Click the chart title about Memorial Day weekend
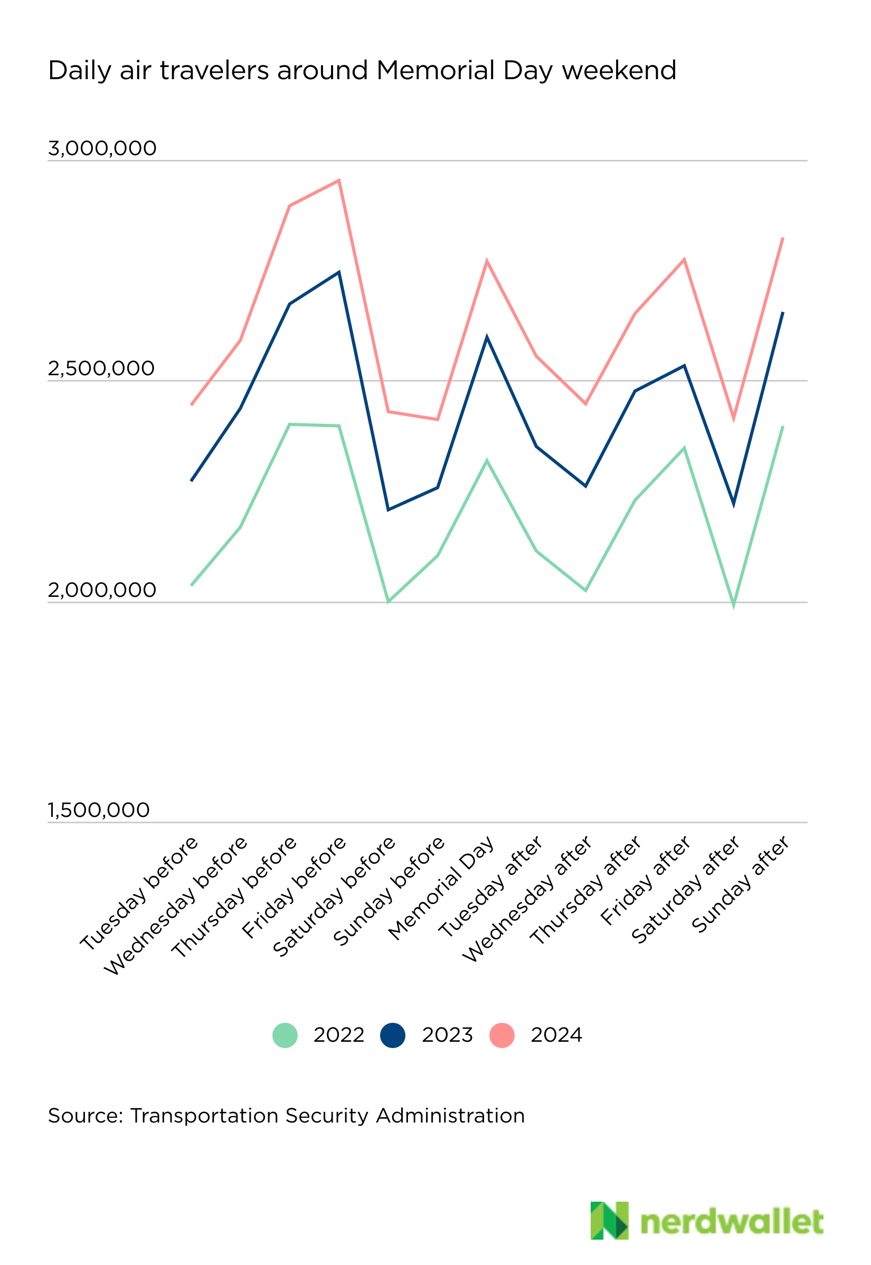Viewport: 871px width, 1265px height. coord(362,71)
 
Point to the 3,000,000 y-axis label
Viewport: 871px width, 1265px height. coord(102,148)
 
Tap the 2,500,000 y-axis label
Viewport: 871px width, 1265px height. coord(101,369)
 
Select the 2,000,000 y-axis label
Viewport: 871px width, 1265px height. coord(102,589)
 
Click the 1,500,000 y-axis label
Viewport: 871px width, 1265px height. coord(99,810)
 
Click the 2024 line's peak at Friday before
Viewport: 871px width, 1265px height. coord(339,180)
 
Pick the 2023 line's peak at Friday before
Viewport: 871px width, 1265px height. coord(339,272)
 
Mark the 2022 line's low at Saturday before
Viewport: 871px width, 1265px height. coord(388,602)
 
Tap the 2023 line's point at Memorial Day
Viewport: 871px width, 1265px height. coord(487,338)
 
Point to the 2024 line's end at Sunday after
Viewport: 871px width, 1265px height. coord(783,239)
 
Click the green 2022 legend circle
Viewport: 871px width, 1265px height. coord(285,1035)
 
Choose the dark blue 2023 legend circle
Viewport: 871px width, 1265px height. coord(392,1035)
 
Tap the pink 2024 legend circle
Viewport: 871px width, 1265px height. coord(501,1035)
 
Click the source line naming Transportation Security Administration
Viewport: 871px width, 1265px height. coord(286,1116)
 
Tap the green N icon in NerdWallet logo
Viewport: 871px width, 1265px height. coord(609,1220)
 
